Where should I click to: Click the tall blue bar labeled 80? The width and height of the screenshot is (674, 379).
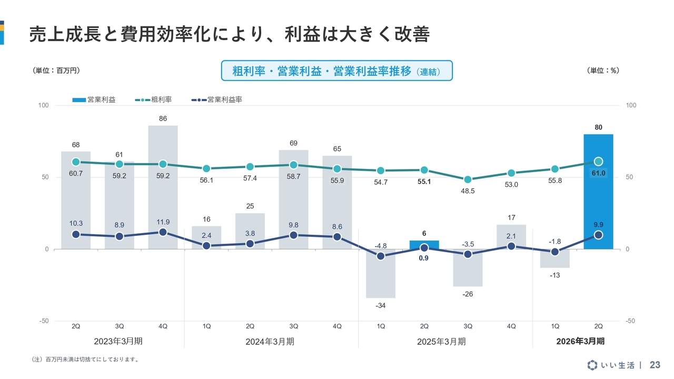pos(598,192)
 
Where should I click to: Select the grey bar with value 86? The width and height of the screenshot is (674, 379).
pos(163,187)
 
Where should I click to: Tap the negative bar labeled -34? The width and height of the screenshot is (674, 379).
pos(381,273)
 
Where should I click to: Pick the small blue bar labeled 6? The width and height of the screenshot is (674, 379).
pos(424,245)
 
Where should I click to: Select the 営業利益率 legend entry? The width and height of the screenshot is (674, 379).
pos(216,99)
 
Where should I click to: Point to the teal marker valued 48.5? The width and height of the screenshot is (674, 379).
pos(468,179)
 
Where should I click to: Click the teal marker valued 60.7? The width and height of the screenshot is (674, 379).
pos(76,162)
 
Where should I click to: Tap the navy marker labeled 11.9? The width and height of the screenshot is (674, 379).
pos(163,232)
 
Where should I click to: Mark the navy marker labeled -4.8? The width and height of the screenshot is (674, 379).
pos(381,256)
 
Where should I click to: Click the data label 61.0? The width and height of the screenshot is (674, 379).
pos(598,173)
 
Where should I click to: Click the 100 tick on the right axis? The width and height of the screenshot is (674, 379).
pos(631,105)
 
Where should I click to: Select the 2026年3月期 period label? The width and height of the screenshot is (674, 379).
pos(580,341)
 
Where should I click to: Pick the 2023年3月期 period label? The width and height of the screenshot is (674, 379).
pos(118,341)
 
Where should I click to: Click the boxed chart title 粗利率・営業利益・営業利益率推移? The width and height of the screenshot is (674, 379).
pos(336,71)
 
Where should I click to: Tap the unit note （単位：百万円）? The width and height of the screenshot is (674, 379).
pos(56,71)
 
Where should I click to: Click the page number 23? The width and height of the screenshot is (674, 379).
pos(655,365)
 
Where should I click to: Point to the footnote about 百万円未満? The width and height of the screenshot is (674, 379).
pos(85,360)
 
